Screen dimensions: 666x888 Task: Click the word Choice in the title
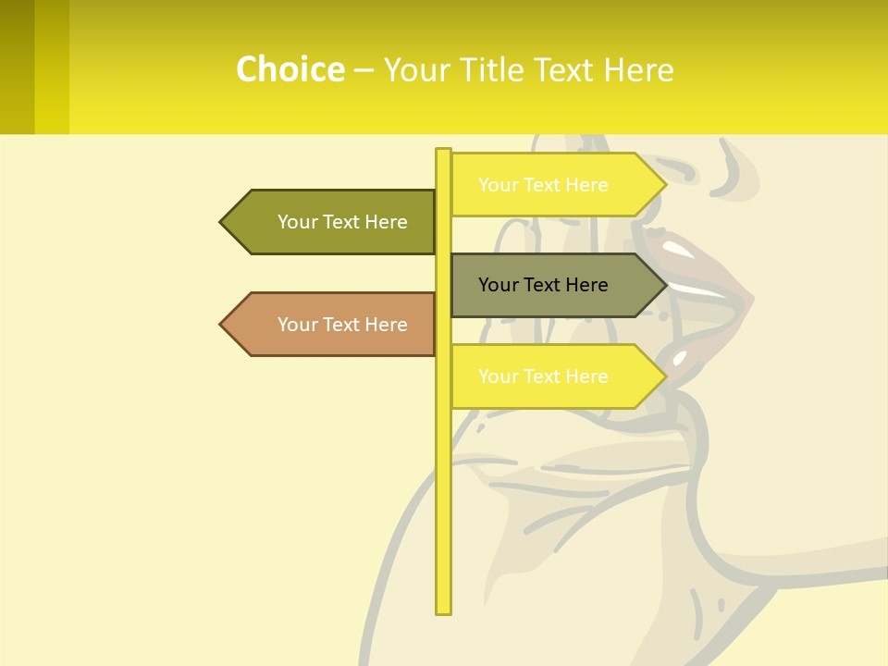click(x=290, y=69)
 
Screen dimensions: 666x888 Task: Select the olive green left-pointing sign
click(x=328, y=222)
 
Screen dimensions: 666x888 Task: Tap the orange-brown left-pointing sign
click(x=328, y=325)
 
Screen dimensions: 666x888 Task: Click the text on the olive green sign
click(x=342, y=222)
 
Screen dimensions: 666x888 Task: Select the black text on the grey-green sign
click(x=543, y=285)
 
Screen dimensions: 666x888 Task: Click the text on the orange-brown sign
click(x=342, y=325)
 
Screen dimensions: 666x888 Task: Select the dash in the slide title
click(x=364, y=70)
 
